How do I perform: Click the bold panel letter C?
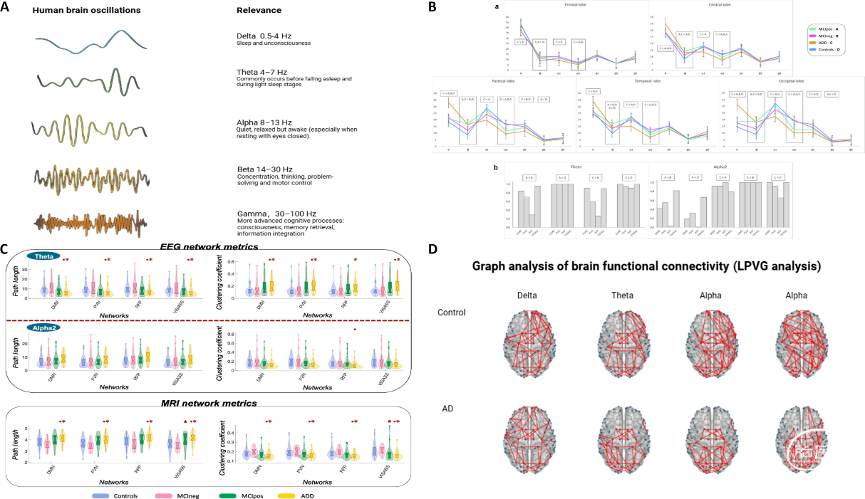(x=4, y=249)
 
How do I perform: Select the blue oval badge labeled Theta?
(x=43, y=257)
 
